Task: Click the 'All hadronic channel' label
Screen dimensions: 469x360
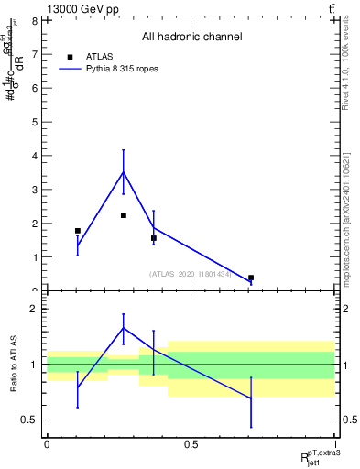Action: (x=191, y=38)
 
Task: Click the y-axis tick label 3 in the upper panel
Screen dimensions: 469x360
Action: (x=33, y=190)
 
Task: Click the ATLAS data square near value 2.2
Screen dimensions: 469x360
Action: (x=124, y=215)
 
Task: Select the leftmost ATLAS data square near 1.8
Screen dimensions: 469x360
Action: (x=78, y=231)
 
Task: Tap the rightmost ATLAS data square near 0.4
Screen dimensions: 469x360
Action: (x=251, y=278)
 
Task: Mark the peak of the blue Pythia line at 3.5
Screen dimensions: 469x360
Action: (x=124, y=172)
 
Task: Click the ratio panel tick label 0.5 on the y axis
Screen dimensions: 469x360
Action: (x=29, y=420)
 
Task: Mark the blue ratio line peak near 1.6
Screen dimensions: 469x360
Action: (x=124, y=328)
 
